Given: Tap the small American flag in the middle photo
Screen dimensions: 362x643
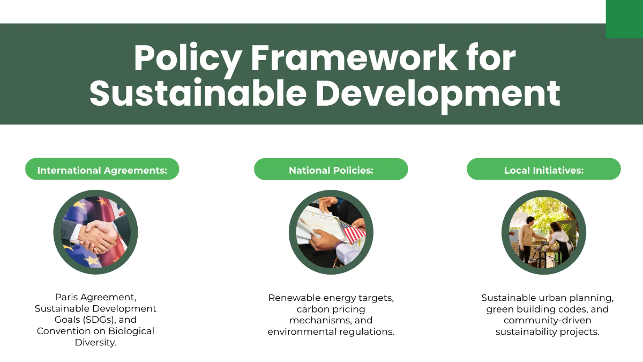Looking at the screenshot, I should click(353, 232).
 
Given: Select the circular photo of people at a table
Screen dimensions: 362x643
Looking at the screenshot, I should click(543, 233).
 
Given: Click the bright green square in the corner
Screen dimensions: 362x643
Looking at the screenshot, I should click(624, 19).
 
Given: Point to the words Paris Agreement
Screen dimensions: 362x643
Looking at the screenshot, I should click(96, 297).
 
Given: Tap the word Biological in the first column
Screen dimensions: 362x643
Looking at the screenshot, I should click(127, 331).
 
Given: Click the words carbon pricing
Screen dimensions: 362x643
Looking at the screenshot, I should click(331, 309).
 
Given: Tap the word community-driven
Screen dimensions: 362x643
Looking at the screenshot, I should click(547, 320).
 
